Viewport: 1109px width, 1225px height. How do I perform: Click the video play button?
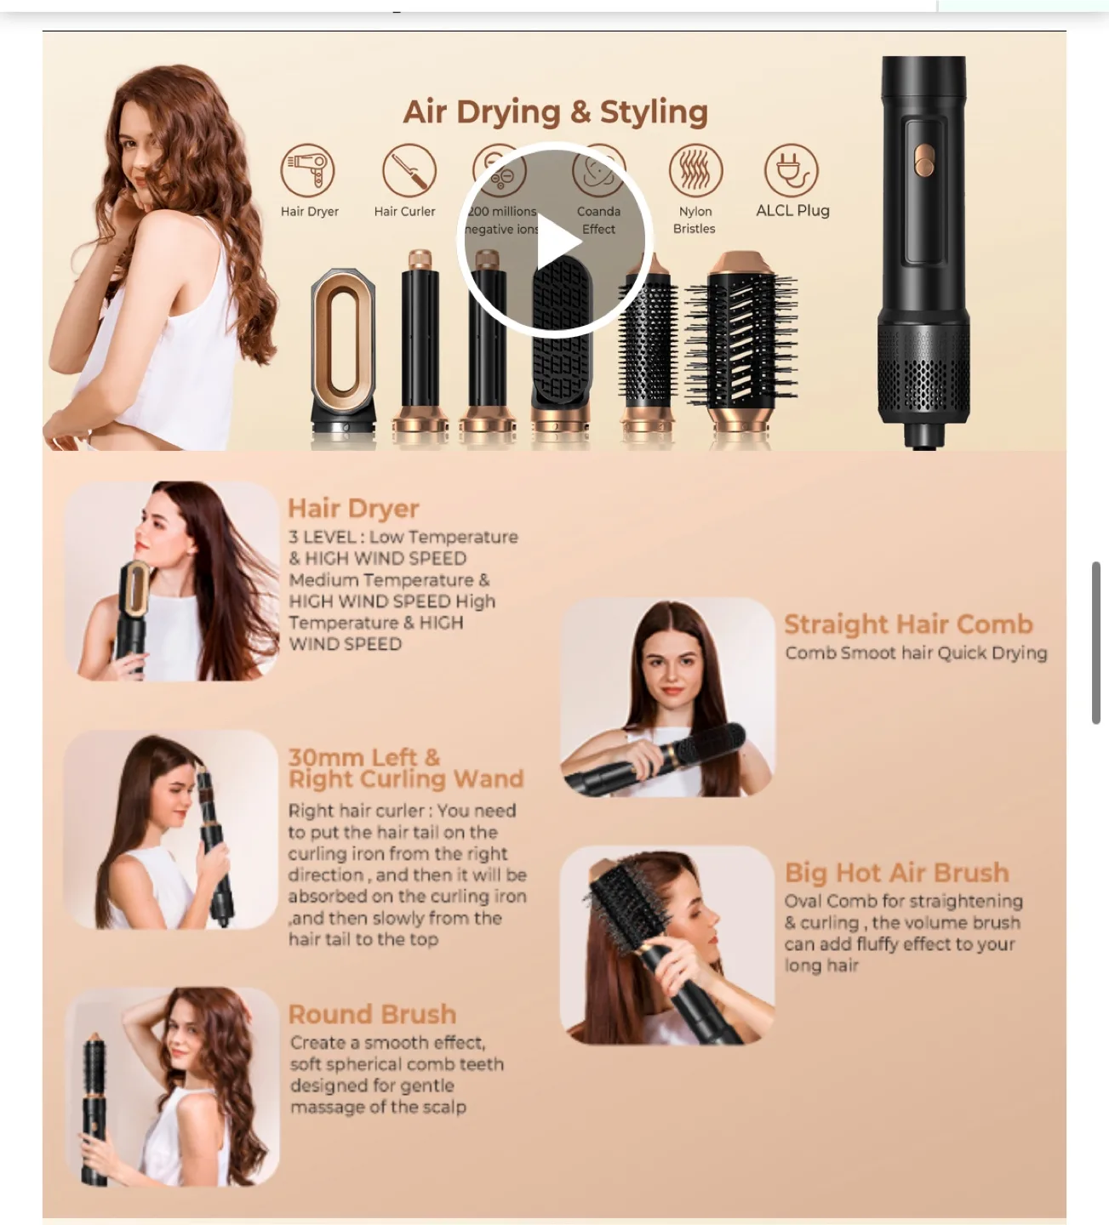(x=555, y=241)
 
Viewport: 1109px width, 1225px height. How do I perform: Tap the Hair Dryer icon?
(x=308, y=170)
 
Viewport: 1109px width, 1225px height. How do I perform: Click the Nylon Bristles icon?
(x=695, y=170)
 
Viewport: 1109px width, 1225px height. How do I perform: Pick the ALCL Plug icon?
(x=792, y=170)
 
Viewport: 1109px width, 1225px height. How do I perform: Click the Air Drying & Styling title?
(x=555, y=111)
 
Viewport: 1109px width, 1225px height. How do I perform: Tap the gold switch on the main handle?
(x=924, y=158)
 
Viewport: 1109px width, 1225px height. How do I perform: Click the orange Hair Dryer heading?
(x=353, y=508)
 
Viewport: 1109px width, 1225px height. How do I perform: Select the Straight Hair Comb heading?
(x=908, y=624)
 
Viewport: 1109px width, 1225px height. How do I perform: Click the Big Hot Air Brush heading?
(x=896, y=872)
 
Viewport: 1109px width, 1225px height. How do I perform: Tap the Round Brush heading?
(x=372, y=1014)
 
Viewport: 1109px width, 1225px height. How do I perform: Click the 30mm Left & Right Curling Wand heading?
(x=405, y=768)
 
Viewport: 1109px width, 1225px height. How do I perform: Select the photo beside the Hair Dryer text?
(x=172, y=581)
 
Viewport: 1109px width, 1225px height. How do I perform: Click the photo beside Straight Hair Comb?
(x=667, y=697)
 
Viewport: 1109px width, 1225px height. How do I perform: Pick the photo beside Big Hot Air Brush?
(x=667, y=945)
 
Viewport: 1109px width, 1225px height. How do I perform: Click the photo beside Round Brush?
(x=172, y=1086)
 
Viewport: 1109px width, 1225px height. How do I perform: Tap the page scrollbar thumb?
(x=1096, y=642)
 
